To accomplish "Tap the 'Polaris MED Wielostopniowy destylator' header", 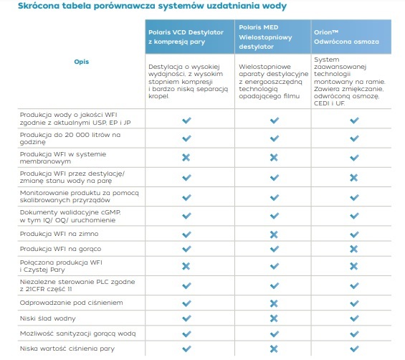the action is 265,37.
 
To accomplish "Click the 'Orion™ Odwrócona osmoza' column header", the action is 346,37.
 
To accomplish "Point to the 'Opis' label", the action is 82,62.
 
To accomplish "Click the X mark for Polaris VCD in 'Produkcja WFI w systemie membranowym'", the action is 186,157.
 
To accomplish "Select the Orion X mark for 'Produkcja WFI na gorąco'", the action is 354,249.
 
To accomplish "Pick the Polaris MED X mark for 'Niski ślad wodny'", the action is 274,318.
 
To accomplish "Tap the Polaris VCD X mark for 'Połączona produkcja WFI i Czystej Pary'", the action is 186,266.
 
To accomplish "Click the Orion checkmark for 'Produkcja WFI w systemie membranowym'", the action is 354,157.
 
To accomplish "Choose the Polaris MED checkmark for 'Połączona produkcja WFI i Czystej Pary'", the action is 275,266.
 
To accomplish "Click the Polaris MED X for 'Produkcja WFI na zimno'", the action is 274,235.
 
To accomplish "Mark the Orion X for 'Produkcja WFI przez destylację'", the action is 354,178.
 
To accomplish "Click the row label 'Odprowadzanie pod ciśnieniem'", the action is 71,303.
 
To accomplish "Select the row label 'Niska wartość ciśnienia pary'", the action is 67,349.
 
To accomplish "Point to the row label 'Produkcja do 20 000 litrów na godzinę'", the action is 70,138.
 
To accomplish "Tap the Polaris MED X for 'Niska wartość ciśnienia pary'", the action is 274,349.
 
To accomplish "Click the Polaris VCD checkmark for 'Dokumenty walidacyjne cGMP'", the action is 186,216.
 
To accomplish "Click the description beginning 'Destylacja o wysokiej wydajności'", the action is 188,82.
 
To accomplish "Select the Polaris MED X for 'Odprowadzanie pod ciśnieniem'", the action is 274,303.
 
